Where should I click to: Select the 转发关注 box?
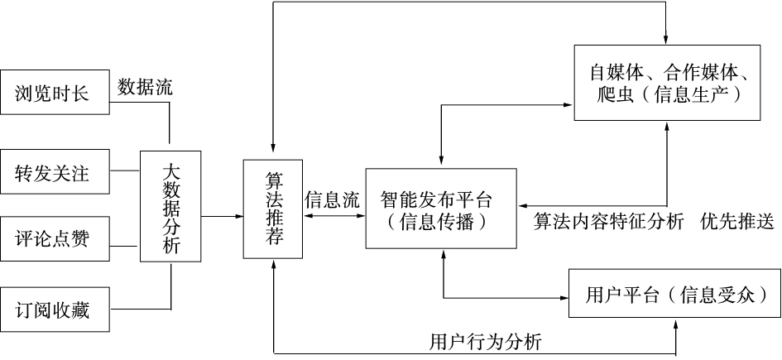(55, 174)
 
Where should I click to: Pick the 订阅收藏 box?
(55, 311)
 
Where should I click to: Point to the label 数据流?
(145, 86)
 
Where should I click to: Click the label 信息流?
(333, 199)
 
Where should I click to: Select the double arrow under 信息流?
(334, 217)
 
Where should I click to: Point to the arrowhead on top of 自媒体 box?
(666, 38)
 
